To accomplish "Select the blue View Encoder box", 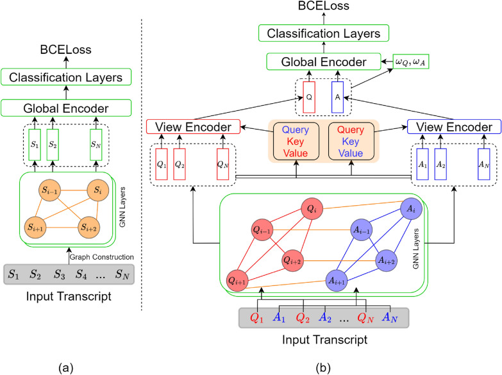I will point(446,127).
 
